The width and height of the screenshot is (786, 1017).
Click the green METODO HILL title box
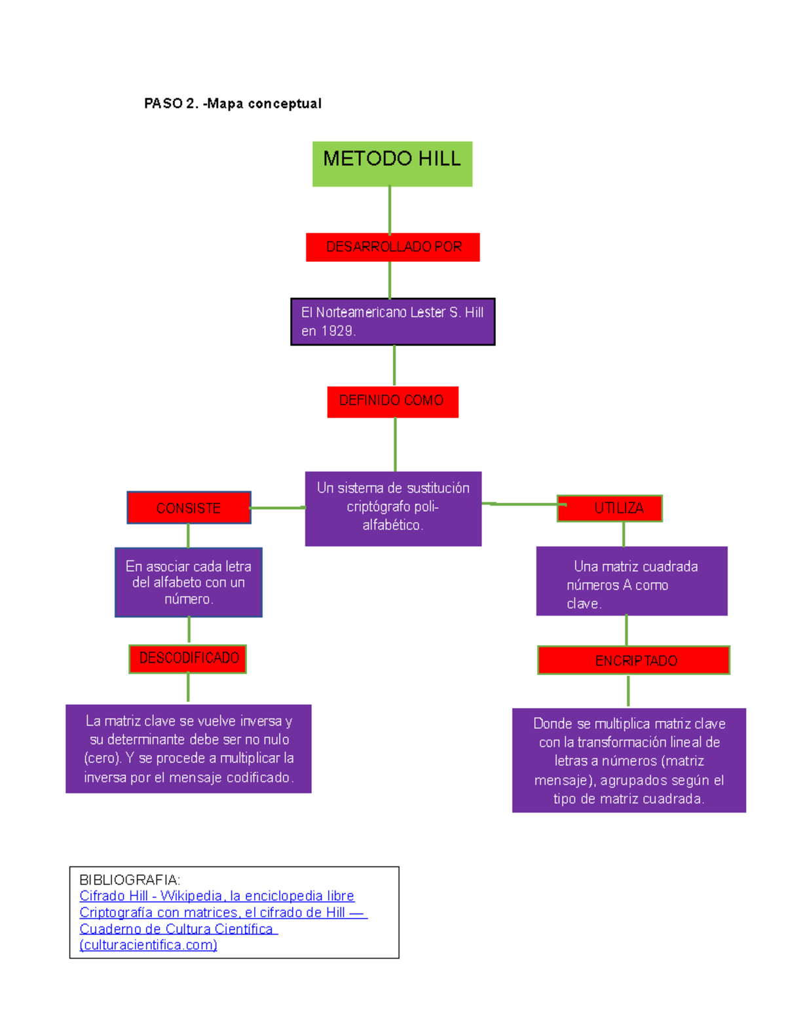coord(392,164)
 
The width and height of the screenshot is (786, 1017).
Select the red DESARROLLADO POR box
coord(393,247)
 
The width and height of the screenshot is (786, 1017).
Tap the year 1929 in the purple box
coord(337,331)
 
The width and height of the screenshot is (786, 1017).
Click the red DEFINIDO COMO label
coord(392,401)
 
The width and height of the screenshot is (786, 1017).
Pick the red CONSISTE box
coord(189,508)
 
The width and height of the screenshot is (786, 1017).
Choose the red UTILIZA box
coord(610,508)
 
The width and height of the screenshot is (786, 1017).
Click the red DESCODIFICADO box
coord(188,658)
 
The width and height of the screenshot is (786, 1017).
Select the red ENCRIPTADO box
coord(634,661)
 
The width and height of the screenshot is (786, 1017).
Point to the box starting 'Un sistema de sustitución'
coord(393,508)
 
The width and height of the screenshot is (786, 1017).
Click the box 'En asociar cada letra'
coord(189,582)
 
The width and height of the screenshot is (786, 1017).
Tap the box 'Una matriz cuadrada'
coord(631,581)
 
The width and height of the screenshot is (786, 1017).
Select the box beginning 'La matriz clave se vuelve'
coord(189,749)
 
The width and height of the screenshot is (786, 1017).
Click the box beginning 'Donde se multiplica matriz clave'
coord(629,760)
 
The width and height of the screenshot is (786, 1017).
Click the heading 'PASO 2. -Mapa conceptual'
coord(233,103)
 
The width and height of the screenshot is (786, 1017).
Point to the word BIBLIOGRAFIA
coord(129,879)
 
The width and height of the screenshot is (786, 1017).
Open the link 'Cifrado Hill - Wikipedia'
coord(216,896)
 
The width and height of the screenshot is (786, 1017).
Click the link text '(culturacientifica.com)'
coord(148,945)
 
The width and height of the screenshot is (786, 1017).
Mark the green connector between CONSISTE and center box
coord(277,508)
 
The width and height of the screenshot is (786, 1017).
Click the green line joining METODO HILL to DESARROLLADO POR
coord(390,210)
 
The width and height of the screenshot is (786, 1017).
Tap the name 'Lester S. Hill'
coord(447,312)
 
